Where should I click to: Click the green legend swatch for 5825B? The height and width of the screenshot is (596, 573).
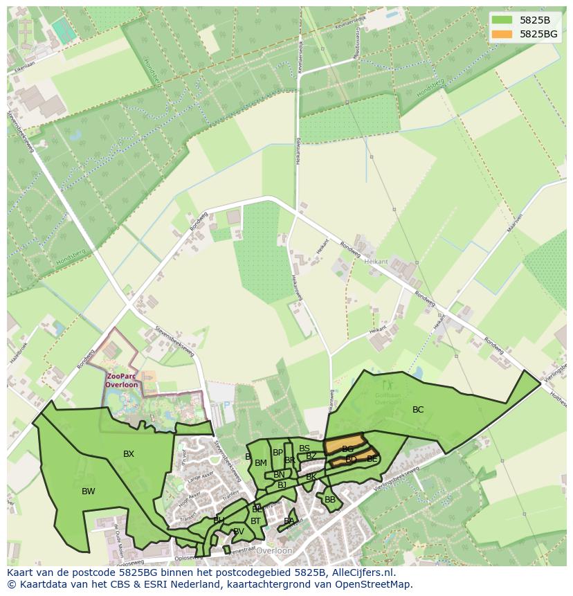[502, 20]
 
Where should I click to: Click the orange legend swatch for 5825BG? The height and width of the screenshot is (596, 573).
[502, 34]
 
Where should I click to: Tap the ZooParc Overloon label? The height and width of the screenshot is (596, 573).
[122, 380]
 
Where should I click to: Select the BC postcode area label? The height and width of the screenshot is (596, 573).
[418, 410]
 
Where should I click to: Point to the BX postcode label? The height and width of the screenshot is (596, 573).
[129, 454]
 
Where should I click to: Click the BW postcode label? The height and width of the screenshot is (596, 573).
[89, 491]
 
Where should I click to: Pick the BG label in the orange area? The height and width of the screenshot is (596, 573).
[347, 449]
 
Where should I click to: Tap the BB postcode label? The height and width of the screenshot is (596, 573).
[330, 500]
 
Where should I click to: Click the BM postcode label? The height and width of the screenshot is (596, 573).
[261, 463]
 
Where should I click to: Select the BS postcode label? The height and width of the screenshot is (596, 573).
[304, 449]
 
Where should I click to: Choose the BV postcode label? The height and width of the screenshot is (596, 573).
[238, 532]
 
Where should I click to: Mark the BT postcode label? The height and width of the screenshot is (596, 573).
[256, 521]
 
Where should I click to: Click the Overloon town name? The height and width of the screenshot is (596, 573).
[274, 551]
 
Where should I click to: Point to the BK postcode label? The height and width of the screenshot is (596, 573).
[311, 477]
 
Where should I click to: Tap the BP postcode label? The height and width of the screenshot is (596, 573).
[278, 453]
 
